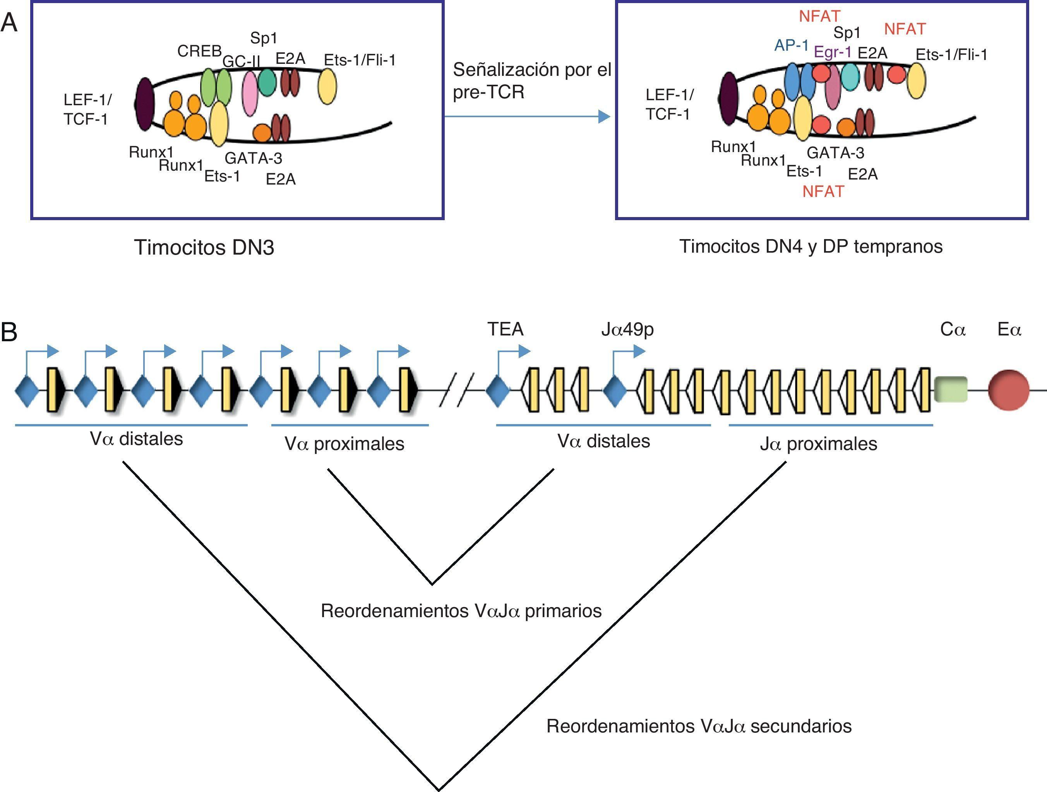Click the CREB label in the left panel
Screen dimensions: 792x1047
199,51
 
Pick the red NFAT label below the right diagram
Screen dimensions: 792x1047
823,192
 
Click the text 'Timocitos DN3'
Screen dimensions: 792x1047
204,248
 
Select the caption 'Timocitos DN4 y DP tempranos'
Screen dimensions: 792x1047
811,246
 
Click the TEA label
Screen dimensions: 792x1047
506,329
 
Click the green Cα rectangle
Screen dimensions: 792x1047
951,389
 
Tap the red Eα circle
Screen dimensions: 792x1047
1009,390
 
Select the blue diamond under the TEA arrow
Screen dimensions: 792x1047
497,390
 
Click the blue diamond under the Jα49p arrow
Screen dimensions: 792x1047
614,390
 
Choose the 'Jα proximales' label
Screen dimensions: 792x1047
818,444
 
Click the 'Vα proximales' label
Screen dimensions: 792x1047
344,444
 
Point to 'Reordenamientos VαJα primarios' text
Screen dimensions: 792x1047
461,611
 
